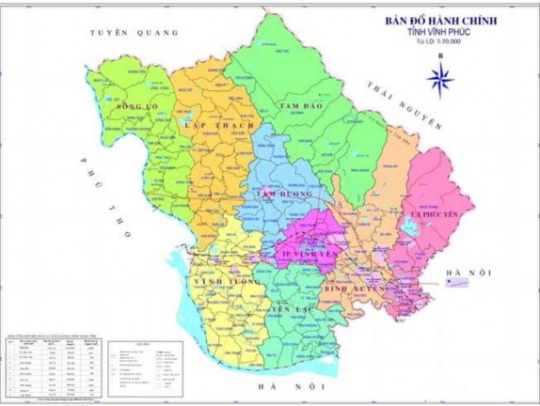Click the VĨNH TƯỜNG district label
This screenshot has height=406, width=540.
point(222,281)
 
